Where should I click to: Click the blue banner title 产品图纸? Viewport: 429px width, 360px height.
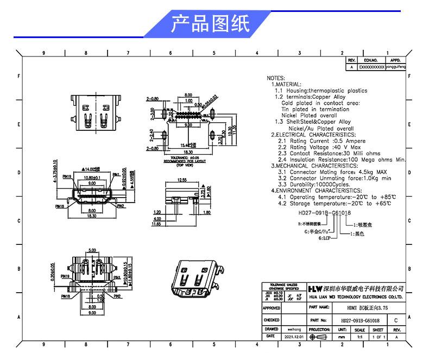pos(210,24)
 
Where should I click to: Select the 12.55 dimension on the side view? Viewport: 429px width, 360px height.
pos(181,180)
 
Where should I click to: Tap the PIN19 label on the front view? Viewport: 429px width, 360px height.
pos(67,176)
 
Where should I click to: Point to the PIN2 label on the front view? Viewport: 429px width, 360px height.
pos(121,206)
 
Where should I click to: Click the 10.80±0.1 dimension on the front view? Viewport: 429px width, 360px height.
pos(91,178)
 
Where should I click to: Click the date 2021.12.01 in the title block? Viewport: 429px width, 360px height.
pos(294,337)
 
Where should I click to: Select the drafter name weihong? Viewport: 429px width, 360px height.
pos(294,329)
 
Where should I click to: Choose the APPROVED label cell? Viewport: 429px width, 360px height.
pos(272,308)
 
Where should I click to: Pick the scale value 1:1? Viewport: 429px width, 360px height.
pos(359,337)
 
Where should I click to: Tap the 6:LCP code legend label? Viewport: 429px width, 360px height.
pos(325,238)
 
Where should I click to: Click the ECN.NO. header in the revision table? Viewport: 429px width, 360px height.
pos(371,60)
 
